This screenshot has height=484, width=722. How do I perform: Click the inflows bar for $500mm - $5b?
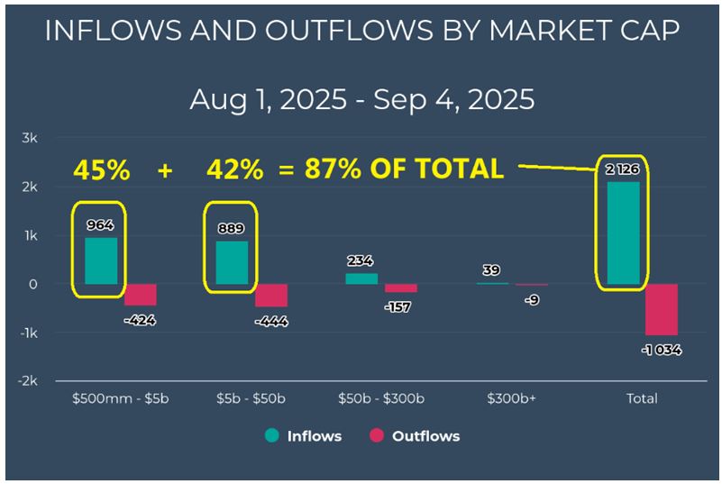tap(101, 260)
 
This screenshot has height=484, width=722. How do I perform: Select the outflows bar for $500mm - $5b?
tap(141, 295)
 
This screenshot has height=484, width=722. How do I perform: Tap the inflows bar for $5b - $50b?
tap(232, 262)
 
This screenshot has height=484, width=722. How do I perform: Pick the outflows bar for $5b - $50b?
tap(271, 296)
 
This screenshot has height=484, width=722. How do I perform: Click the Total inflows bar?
tap(624, 233)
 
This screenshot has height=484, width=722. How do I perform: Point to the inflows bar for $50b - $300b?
tap(361, 279)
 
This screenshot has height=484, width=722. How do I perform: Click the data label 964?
tap(101, 224)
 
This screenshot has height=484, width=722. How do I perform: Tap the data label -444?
tap(271, 321)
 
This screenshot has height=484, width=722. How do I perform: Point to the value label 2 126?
tap(623, 169)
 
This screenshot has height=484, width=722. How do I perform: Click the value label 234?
tap(361, 260)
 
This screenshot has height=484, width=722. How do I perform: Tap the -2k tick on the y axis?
tap(27, 381)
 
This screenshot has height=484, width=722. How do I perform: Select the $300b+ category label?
tap(512, 398)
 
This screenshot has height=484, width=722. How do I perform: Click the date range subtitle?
tap(361, 99)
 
